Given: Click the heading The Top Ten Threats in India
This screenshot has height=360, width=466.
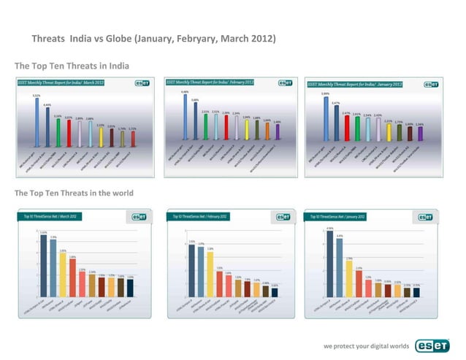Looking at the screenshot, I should pos(72,66).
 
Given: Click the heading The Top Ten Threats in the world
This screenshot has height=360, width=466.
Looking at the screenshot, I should pos(74,193).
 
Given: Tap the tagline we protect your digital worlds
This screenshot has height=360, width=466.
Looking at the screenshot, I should pos(366,346).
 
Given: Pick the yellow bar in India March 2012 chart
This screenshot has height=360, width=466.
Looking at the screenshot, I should pos(122,138).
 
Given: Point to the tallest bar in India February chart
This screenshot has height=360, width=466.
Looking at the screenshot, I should pos(185,117).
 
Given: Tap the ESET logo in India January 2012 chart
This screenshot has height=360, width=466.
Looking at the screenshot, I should pos(432,85).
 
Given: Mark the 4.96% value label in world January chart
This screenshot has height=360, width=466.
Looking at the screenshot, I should pos(329,229).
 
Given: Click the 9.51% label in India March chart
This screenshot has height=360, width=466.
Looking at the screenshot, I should pos(36,95).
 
